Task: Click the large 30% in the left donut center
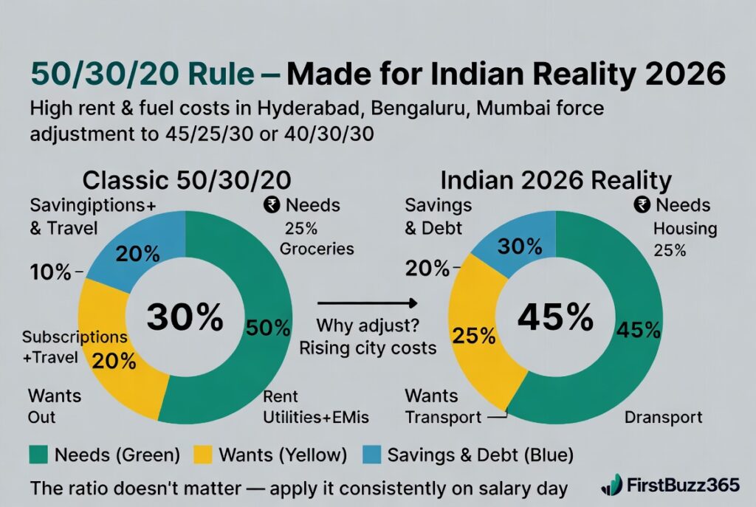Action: (x=185, y=317)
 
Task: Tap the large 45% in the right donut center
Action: (x=555, y=317)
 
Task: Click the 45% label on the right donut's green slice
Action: (x=640, y=329)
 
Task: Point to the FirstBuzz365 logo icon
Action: (x=612, y=485)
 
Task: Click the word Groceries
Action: (x=317, y=249)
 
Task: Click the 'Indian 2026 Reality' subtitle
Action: (x=555, y=180)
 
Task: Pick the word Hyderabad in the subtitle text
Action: (x=311, y=109)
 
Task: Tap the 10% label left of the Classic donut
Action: (x=49, y=272)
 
